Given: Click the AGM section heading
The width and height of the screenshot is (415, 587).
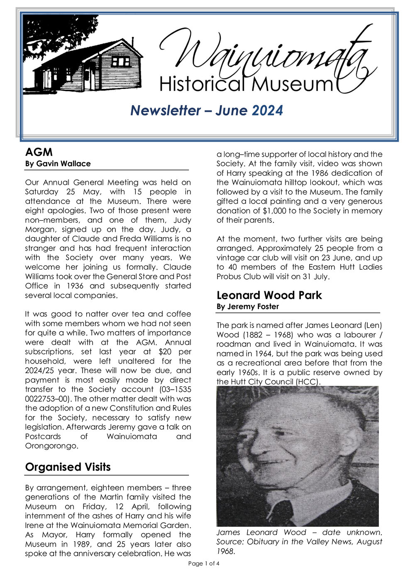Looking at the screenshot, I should [39, 152].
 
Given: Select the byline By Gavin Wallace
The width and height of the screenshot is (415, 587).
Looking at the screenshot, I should [58, 164].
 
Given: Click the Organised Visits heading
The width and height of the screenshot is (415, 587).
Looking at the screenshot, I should [68, 467].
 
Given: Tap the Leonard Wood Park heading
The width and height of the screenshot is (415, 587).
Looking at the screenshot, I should [269, 295].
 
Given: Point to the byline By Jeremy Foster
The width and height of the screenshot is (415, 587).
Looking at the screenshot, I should [247, 307].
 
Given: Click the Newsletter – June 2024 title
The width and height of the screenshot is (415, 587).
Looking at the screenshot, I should [207, 111].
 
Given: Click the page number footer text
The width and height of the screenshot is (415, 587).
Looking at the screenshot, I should [203, 564].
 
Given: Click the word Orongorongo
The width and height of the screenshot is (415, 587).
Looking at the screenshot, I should [51, 446].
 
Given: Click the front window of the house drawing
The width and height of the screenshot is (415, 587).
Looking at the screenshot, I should [121, 62].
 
